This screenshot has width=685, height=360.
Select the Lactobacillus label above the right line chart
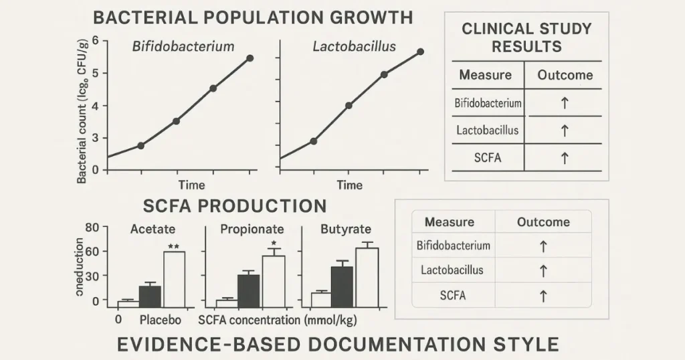coord(354,47)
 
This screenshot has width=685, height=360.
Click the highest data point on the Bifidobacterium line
coord(250,58)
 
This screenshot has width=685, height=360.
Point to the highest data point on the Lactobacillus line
coord(420,52)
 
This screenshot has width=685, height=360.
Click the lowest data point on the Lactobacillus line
coord(313,141)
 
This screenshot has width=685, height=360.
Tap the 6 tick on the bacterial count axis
coord(95,41)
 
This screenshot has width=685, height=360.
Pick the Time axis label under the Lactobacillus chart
coord(349,185)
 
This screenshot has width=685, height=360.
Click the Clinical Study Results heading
coord(526,37)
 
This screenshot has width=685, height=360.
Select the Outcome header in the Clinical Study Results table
coord(565,75)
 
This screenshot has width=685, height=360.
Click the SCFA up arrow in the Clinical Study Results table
coord(564,158)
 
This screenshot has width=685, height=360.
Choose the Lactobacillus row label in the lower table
coord(452,270)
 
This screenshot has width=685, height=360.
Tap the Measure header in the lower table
coord(450,222)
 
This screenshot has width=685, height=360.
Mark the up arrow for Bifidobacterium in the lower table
coord(543,246)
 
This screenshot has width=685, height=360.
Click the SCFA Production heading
coord(234,205)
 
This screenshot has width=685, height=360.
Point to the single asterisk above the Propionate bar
coord(273,243)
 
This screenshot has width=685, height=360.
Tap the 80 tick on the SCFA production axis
coord(92,228)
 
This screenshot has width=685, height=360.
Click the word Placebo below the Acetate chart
coord(160,320)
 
